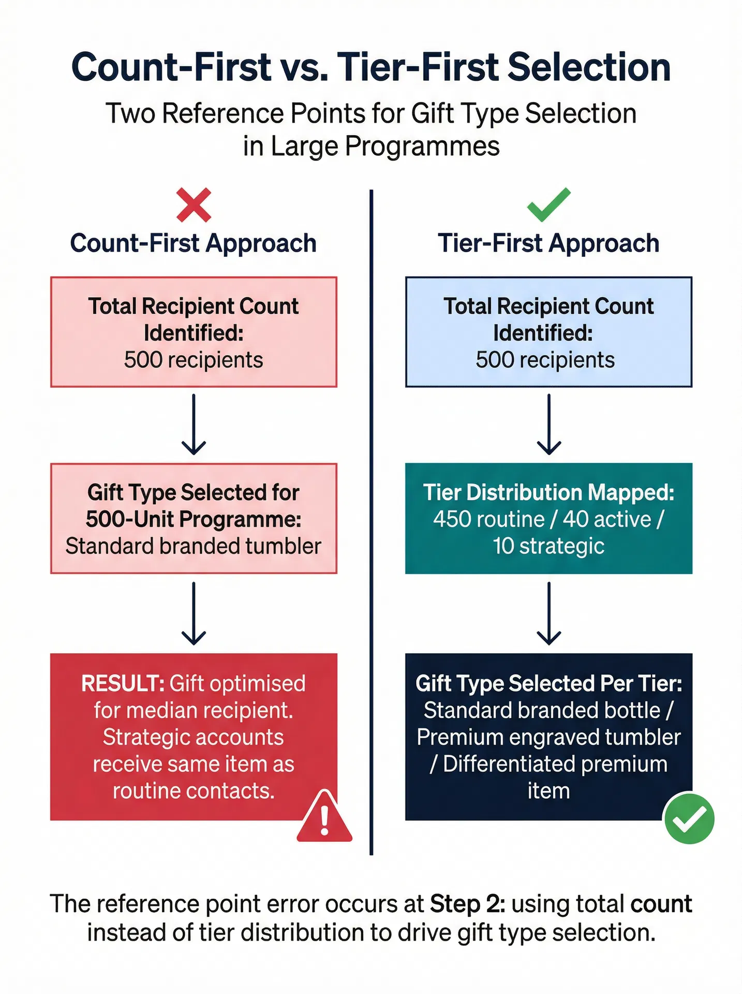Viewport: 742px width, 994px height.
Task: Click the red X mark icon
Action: tap(194, 205)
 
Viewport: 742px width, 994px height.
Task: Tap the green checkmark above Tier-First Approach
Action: tap(548, 204)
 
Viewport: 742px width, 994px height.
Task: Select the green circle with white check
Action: tap(689, 818)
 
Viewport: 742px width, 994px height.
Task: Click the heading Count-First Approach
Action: tap(193, 243)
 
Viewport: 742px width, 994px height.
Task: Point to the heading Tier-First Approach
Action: tap(548, 243)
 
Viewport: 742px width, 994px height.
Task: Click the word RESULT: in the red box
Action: tap(123, 684)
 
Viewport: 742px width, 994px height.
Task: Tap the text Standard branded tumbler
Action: tap(193, 546)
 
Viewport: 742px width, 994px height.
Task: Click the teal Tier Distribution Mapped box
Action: tap(548, 518)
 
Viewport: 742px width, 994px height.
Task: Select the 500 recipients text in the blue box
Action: tap(545, 360)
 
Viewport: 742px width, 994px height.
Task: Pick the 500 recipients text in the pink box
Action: tap(193, 360)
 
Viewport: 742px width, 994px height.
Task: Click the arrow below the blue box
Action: tap(548, 425)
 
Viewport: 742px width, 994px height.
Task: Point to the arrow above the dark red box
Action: tap(194, 613)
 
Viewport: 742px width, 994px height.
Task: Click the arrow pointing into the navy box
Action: tap(548, 613)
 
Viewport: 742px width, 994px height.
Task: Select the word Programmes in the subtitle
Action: tap(422, 146)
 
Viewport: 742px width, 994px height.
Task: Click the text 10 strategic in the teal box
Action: tap(548, 546)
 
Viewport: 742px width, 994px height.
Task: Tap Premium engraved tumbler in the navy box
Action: tap(548, 737)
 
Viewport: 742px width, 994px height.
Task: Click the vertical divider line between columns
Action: tap(371, 518)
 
